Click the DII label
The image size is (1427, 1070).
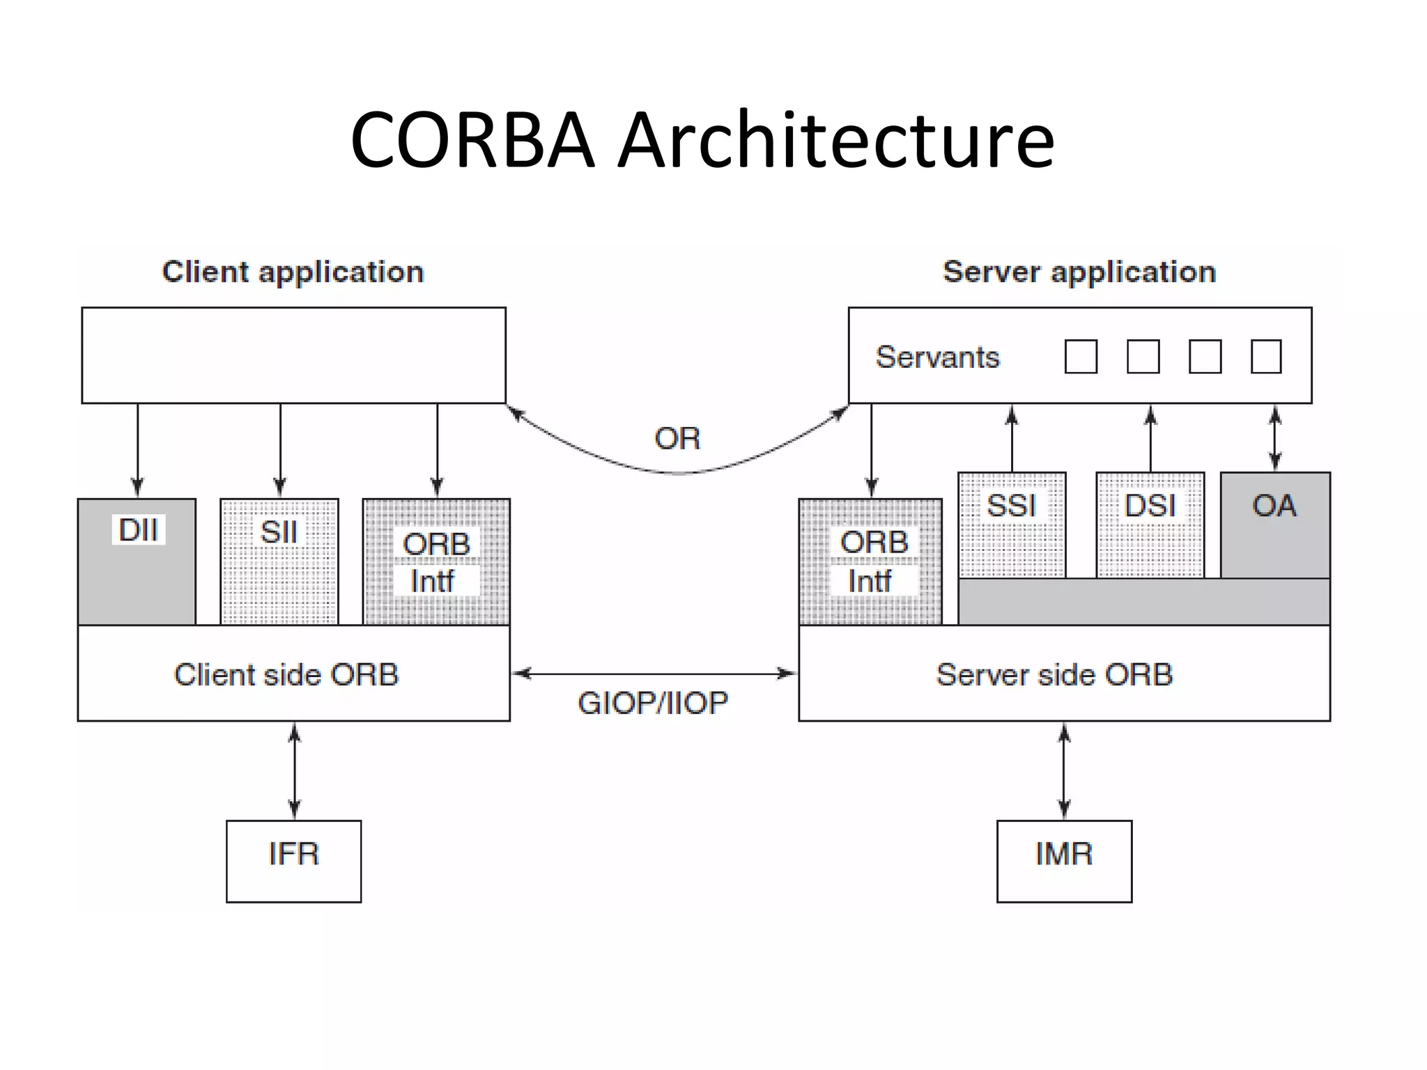coord(139,530)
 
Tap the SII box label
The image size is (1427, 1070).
coord(279,533)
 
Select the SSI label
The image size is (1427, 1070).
coord(1011,506)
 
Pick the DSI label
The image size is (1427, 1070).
coord(1150,506)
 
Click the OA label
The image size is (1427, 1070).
coord(1274,506)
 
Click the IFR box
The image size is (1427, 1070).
coord(293,860)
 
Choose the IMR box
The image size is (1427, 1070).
coord(1064,860)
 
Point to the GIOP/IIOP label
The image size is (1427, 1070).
coord(653,703)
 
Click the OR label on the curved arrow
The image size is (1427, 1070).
coord(677,439)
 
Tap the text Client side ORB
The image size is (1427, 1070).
coord(286,674)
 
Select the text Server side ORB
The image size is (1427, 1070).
coord(1054,674)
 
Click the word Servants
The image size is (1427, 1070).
coord(937,357)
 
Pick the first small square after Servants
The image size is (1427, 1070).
coord(1081,357)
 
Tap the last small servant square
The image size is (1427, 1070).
coord(1266,357)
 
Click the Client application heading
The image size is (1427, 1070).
coord(293,272)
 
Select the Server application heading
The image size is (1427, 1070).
coord(1079,272)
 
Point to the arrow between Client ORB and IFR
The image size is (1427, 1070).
coord(295,770)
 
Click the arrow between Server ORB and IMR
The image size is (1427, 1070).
coord(1064,770)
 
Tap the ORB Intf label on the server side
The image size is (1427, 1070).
coord(874,561)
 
